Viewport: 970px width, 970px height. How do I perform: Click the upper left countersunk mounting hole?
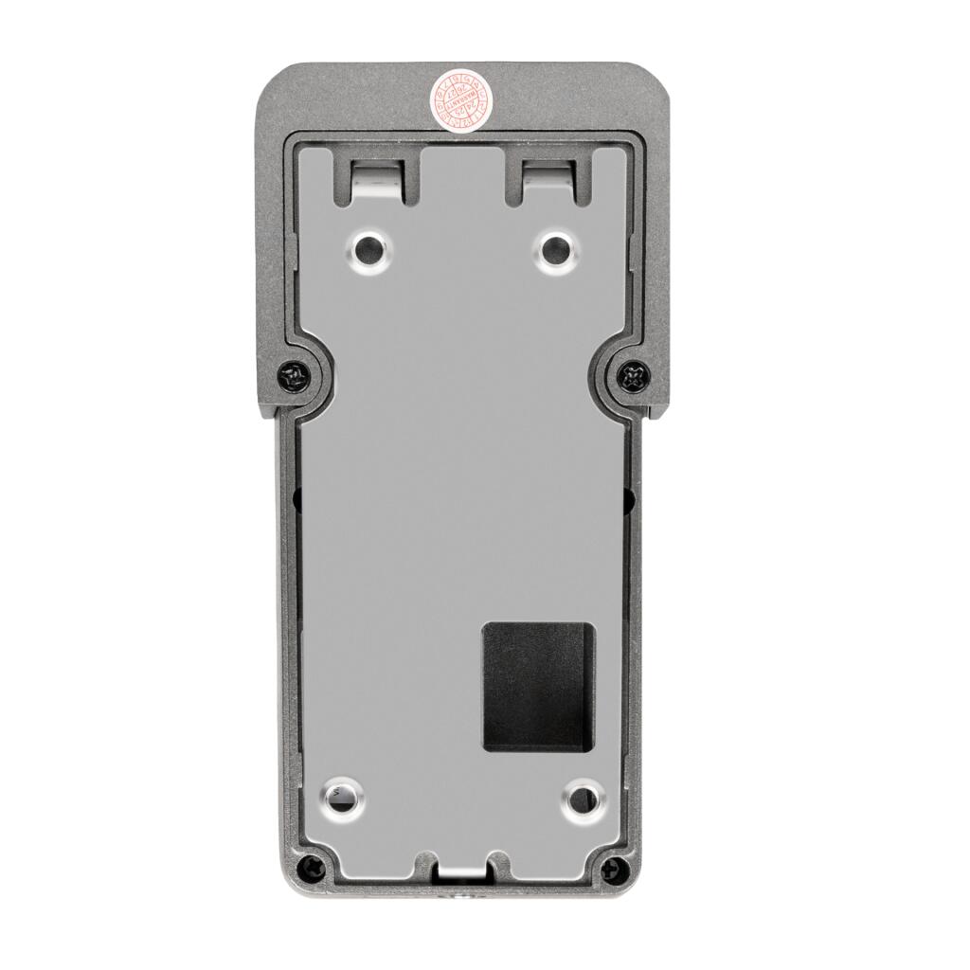[x=368, y=251]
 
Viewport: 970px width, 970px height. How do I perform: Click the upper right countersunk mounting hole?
[x=555, y=251]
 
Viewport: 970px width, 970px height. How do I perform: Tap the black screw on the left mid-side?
[x=294, y=377]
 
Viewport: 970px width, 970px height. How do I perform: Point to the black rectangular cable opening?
[x=539, y=687]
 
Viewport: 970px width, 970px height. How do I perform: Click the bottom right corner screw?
[x=615, y=865]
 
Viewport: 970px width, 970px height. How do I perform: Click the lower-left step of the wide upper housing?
[x=266, y=413]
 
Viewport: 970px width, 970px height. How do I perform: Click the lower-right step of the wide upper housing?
[x=659, y=413]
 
